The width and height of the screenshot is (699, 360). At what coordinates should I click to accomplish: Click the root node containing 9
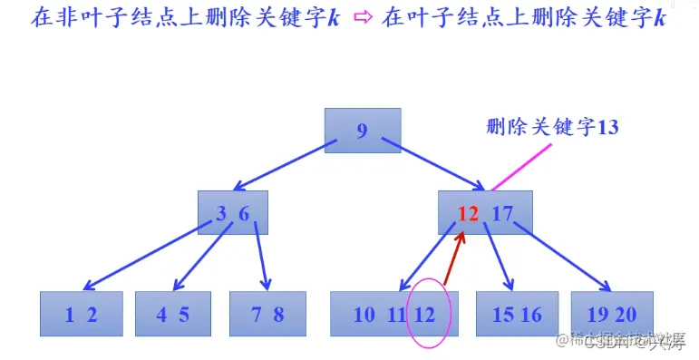[x=363, y=131]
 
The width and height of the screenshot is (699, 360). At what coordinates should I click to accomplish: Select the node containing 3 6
[x=233, y=213]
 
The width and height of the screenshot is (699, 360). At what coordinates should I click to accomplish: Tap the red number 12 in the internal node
[x=468, y=214]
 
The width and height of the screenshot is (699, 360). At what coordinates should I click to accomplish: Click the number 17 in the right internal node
[x=502, y=214]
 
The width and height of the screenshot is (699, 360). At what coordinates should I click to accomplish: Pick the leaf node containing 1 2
[x=81, y=315]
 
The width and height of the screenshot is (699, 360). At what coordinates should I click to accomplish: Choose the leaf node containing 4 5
[x=172, y=315]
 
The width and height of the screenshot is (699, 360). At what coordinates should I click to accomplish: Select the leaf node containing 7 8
[x=267, y=315]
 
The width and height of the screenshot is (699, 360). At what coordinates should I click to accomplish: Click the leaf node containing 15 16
[x=517, y=315]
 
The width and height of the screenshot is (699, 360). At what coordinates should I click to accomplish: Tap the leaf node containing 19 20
[x=612, y=315]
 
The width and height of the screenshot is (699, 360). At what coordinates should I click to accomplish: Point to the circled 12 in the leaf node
[x=426, y=315]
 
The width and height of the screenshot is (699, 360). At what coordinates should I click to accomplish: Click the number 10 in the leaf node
[x=364, y=315]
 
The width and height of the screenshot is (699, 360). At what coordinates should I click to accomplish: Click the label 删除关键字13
[x=552, y=127]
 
